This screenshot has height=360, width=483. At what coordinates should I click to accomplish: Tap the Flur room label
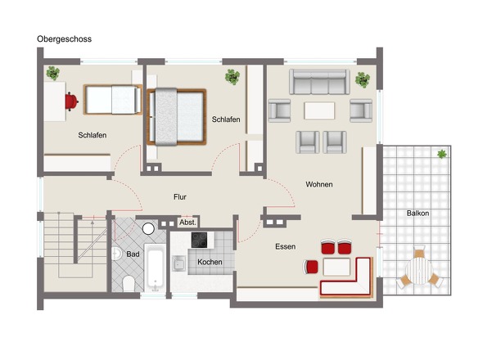coord(181,196)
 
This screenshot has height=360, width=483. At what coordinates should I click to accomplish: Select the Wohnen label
coord(319,184)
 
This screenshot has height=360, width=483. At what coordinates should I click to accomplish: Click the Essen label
coord(286,245)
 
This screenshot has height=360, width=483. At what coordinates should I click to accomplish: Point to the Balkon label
coord(418,214)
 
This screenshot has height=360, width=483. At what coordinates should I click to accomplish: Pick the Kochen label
coord(210,262)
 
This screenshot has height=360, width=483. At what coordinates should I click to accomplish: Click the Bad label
coord(133,254)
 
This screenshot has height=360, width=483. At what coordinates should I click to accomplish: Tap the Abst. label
coord(187,222)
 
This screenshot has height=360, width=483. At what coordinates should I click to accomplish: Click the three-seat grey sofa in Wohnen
coord(319,82)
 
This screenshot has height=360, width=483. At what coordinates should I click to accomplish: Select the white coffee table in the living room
coord(319,110)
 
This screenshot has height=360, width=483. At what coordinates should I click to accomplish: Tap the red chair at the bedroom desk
coord(72,101)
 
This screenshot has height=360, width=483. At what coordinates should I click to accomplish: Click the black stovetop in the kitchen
coord(201,240)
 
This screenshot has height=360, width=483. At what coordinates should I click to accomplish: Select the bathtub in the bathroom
coord(156,268)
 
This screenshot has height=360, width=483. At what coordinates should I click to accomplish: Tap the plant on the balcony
coord(442,153)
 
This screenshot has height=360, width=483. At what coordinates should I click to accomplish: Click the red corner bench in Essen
coord(348,282)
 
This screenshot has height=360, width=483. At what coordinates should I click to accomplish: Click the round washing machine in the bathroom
coord(148,229)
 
